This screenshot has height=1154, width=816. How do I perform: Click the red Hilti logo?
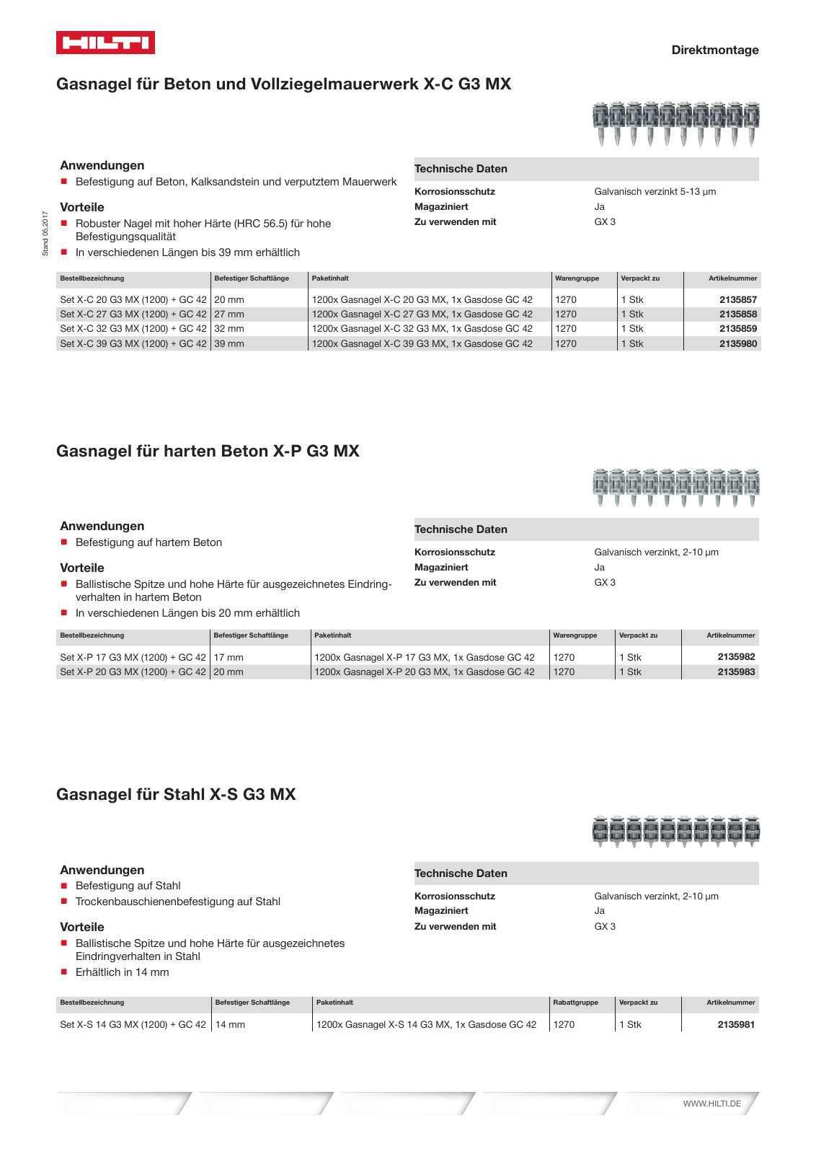pos(105,43)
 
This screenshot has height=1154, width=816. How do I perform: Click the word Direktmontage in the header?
pos(714,50)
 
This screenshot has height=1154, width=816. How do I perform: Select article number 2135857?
pos(737,300)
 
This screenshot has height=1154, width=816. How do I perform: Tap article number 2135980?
pos(737,344)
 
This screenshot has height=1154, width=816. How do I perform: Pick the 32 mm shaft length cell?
pos(229,329)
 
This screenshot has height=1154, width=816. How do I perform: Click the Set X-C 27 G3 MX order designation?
pos(133,314)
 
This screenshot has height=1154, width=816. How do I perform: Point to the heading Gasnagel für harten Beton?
pos(208,452)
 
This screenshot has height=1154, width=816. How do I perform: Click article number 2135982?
pos(736,657)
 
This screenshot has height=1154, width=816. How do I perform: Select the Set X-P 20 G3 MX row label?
pos(133,672)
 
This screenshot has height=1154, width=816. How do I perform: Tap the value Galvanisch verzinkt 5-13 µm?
pos(655,192)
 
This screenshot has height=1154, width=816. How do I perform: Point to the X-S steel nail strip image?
pos(675,832)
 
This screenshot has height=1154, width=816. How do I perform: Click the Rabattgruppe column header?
pos(575,1003)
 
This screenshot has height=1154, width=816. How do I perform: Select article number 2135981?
pos(736,1025)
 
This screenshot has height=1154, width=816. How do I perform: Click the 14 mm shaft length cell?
pos(230,1025)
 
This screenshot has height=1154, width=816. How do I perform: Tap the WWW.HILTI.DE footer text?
pos(711,1104)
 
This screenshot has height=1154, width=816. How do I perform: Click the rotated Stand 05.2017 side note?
pos(45,234)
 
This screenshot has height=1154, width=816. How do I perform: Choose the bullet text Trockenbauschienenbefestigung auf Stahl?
pos(177,902)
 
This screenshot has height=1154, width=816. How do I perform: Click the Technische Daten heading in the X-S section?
pos(461,873)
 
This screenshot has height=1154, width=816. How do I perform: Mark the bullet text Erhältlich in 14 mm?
pos(122,972)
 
